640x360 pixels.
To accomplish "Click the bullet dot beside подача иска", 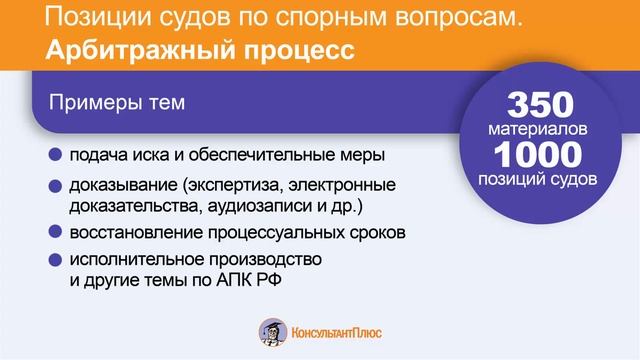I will tap(54, 156).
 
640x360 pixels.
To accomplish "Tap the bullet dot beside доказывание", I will tap(54, 187).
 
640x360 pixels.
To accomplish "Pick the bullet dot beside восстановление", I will tap(54, 233).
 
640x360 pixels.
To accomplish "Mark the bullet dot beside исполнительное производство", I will tap(54, 260).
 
